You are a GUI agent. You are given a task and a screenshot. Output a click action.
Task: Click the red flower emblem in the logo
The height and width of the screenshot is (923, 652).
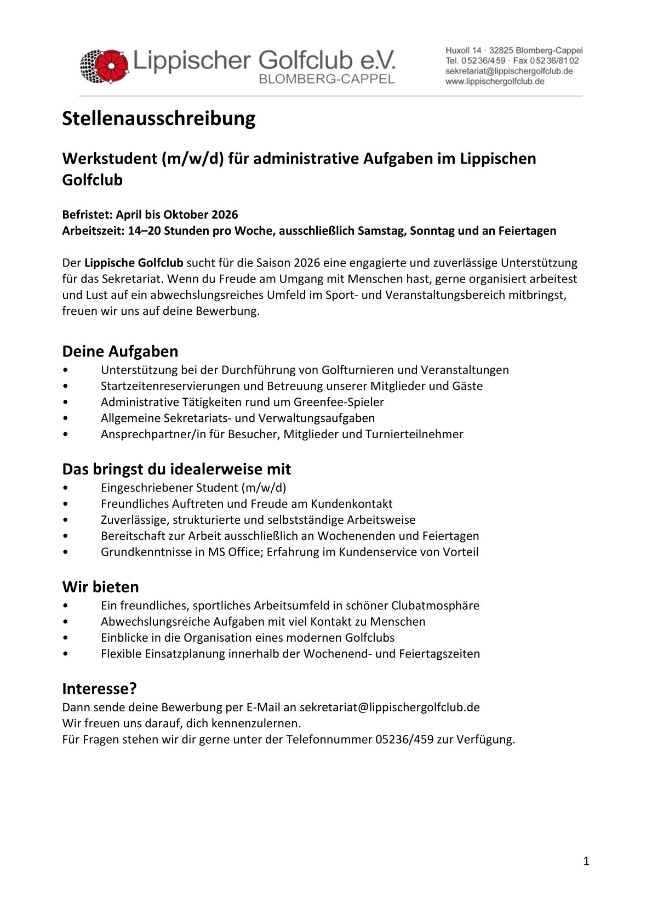112,66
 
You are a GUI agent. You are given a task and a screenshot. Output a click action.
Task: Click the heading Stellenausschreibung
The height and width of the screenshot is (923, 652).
158,118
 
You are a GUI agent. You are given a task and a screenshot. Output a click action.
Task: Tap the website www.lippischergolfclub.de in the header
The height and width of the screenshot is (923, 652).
494,82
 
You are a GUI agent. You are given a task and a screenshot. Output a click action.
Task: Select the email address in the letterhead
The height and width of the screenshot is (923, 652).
508,71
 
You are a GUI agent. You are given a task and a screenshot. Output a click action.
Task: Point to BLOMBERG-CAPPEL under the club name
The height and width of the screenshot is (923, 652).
326,80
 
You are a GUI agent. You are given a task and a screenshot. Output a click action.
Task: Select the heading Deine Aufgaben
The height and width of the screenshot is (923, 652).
120,352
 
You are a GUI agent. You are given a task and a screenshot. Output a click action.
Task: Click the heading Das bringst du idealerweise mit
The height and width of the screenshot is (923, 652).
176,469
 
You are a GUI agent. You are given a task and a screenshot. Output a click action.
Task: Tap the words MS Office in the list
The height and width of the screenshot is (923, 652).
233,552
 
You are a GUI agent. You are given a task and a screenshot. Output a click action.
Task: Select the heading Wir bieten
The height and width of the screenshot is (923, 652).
100,587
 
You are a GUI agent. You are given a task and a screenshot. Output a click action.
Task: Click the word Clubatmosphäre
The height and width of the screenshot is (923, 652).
435,605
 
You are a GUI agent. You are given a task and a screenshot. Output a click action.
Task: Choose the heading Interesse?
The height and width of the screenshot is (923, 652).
99,689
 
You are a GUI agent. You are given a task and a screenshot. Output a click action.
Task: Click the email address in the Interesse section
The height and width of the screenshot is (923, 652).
389,707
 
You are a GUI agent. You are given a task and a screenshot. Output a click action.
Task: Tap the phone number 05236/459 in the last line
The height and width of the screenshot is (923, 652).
404,739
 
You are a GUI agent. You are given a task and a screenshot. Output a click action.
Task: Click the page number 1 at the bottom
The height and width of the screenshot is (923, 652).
586,862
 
